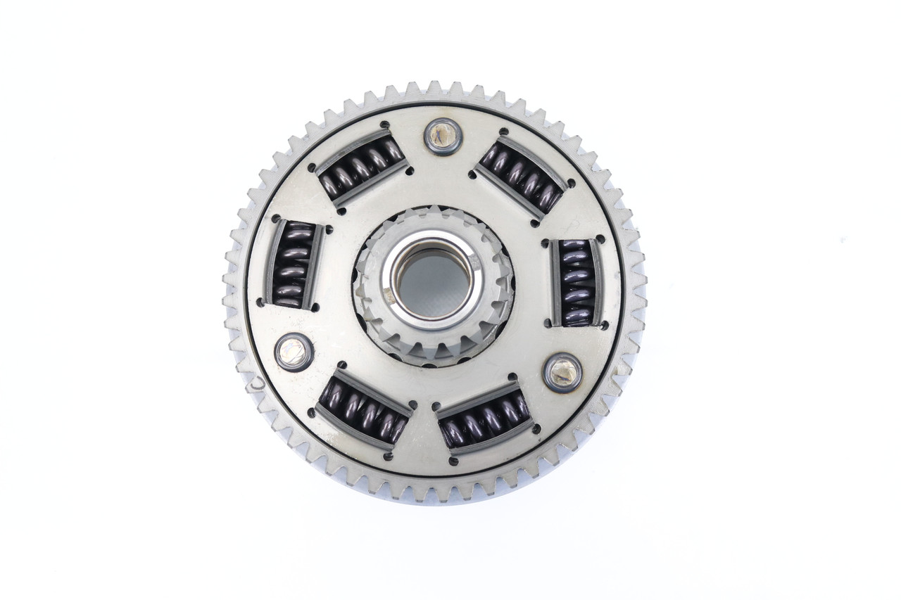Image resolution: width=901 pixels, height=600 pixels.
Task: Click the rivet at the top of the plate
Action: [x=443, y=136]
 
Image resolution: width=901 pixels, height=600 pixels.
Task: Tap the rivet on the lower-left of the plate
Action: [x=294, y=352]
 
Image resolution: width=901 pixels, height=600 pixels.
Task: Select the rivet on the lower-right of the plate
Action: [x=562, y=373]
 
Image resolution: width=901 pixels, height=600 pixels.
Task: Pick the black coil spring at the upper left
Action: [x=362, y=167]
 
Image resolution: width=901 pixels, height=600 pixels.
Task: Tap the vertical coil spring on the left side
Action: [x=292, y=264]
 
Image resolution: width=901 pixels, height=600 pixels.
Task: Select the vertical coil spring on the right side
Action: [x=576, y=282]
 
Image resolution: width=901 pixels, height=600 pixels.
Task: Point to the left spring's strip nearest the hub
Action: [x=314, y=266]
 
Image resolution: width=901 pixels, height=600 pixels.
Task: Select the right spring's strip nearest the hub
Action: [x=555, y=282]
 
